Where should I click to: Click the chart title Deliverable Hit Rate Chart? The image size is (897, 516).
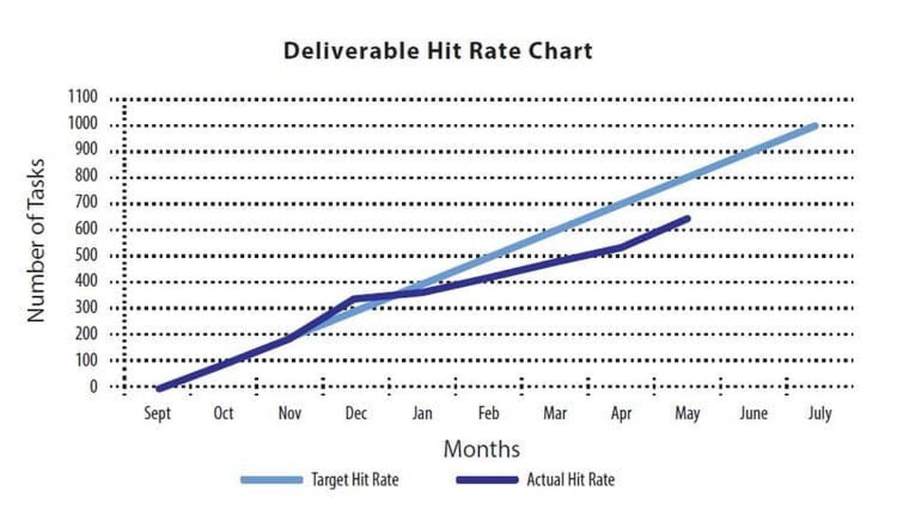(438, 51)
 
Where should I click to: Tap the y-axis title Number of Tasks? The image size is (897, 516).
(36, 241)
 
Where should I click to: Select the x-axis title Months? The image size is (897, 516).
(482, 448)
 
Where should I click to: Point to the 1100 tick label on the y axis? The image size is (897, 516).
(83, 98)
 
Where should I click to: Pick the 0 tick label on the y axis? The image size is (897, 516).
(93, 386)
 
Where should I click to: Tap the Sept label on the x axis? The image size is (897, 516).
(157, 414)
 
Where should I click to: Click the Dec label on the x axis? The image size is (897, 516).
(356, 414)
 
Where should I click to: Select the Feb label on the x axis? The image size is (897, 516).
(488, 414)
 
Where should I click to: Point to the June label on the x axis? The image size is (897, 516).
(753, 414)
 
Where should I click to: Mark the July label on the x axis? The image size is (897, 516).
(819, 414)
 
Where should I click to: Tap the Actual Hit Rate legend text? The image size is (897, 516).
(570, 480)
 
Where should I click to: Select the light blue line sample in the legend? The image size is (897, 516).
(272, 480)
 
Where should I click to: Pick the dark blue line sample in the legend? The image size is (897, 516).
(486, 480)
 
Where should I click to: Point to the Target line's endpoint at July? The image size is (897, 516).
(814, 126)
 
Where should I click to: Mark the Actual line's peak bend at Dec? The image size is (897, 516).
(353, 298)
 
